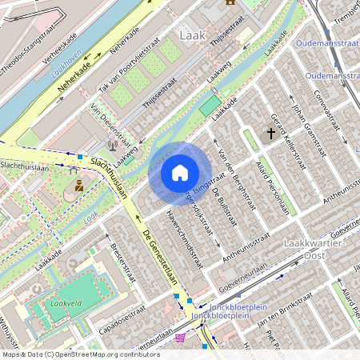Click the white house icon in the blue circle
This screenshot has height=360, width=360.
coord(180,173)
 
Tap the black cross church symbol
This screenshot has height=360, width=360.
coord(271,135)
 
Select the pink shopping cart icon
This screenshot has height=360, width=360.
coord(180,338)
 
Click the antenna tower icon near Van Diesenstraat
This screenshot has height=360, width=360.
coord(112,146)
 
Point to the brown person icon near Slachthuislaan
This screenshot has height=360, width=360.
coord(79,186)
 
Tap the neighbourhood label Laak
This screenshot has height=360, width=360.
coord(193,35)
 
